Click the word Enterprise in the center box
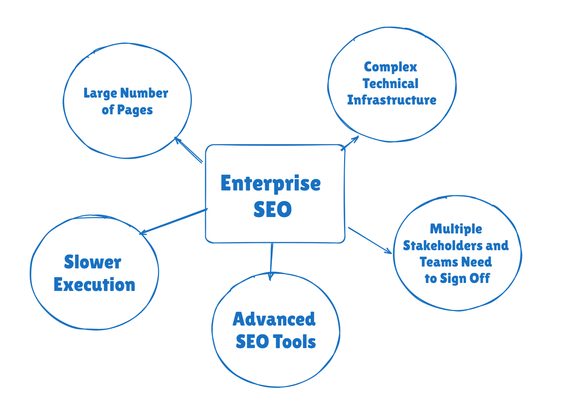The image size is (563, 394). pyautogui.click(x=270, y=184)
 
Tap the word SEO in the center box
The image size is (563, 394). pyautogui.click(x=272, y=209)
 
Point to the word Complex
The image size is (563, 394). pyautogui.click(x=390, y=67)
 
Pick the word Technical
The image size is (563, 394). pyautogui.click(x=391, y=84)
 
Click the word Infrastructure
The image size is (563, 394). pyautogui.click(x=392, y=100)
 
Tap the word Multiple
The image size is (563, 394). pyautogui.click(x=456, y=229)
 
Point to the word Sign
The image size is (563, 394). pyautogui.click(x=453, y=279)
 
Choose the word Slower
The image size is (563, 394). pyautogui.click(x=92, y=262)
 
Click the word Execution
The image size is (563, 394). pyautogui.click(x=94, y=285)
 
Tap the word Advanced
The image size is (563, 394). pyautogui.click(x=274, y=319)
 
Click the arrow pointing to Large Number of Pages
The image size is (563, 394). pyautogui.click(x=188, y=150)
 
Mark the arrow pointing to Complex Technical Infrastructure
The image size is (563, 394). pyautogui.click(x=350, y=143)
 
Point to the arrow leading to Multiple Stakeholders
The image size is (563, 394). pyautogui.click(x=370, y=240)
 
